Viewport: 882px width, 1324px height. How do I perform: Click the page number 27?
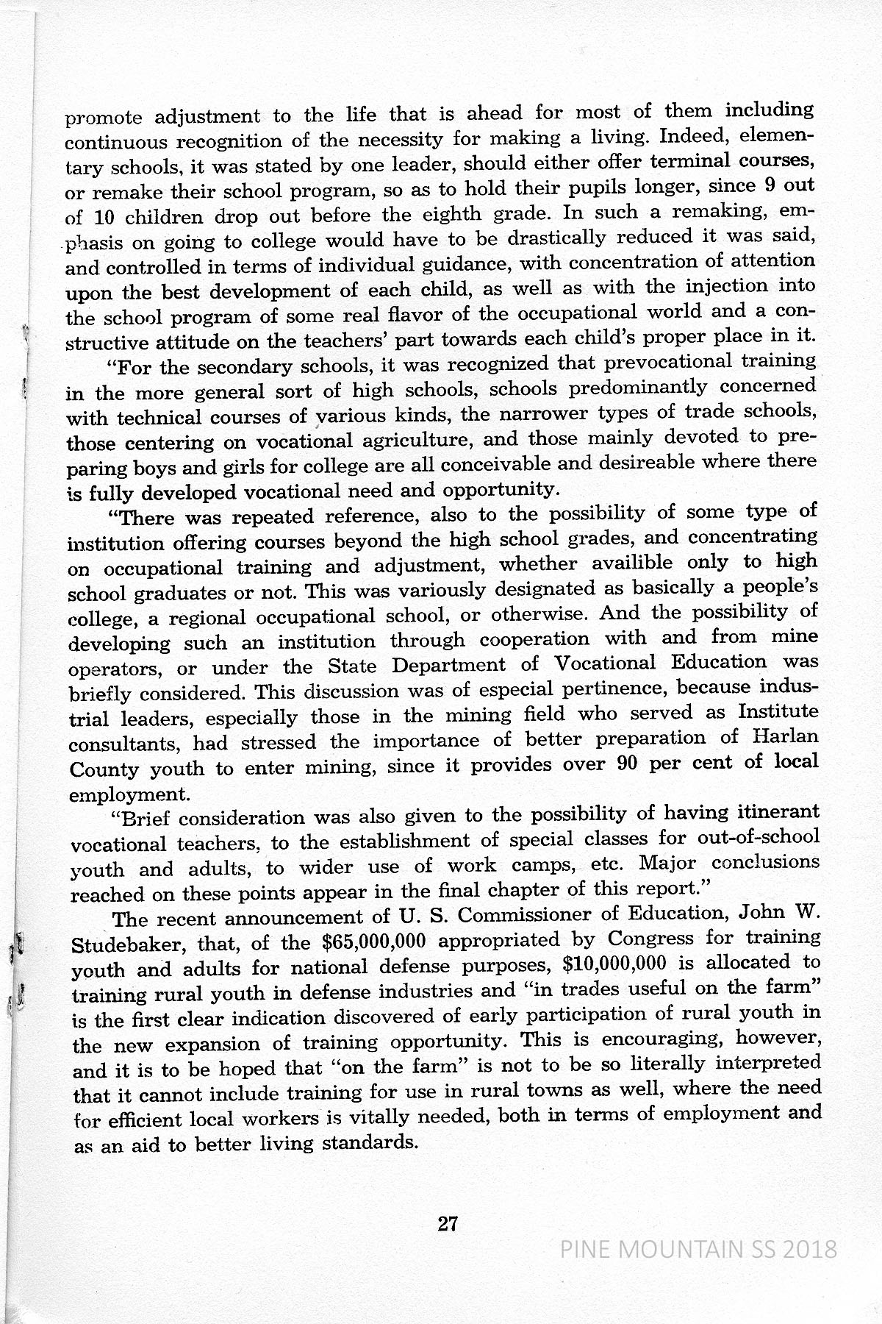[448, 1224]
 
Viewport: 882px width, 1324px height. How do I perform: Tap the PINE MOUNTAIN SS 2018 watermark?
[698, 1249]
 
